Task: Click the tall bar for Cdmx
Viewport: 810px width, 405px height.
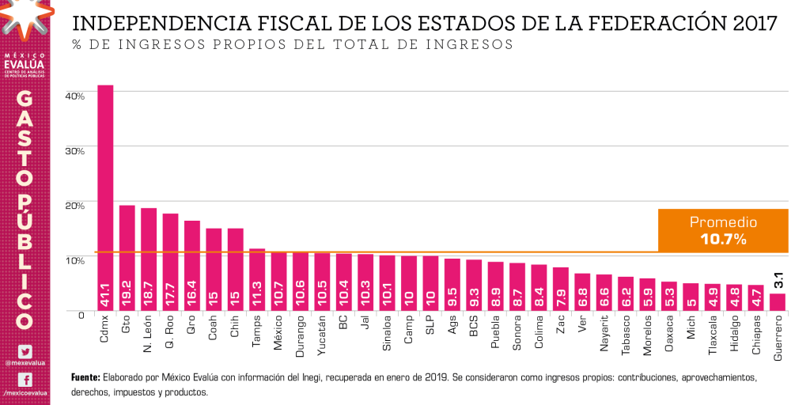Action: (105, 198)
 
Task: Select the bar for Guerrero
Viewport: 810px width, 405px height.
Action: (778, 303)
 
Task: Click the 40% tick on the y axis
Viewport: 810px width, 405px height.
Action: (75, 96)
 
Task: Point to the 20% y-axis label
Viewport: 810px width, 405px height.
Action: (75, 205)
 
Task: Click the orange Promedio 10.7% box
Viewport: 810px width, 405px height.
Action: (723, 230)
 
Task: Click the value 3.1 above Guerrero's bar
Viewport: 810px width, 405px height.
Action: (778, 279)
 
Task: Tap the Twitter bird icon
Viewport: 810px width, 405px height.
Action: (25, 351)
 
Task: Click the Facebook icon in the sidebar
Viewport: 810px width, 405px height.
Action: (25, 380)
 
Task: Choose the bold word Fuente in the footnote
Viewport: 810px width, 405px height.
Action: (85, 377)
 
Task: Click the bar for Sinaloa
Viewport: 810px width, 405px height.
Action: (387, 283)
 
